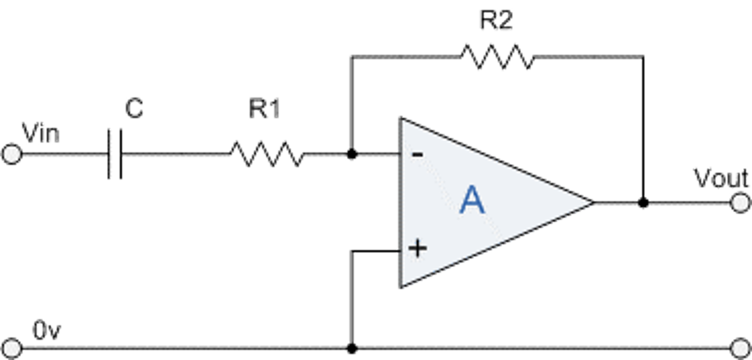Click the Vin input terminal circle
point(12,154)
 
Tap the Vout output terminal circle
point(740,203)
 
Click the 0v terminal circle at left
point(12,347)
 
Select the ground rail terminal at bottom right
point(740,347)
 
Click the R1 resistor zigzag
point(267,154)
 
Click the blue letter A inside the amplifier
point(472,200)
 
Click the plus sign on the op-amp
point(418,248)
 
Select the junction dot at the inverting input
point(352,154)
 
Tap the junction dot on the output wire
point(643,203)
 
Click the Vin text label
point(40,133)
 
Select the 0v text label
point(46,329)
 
